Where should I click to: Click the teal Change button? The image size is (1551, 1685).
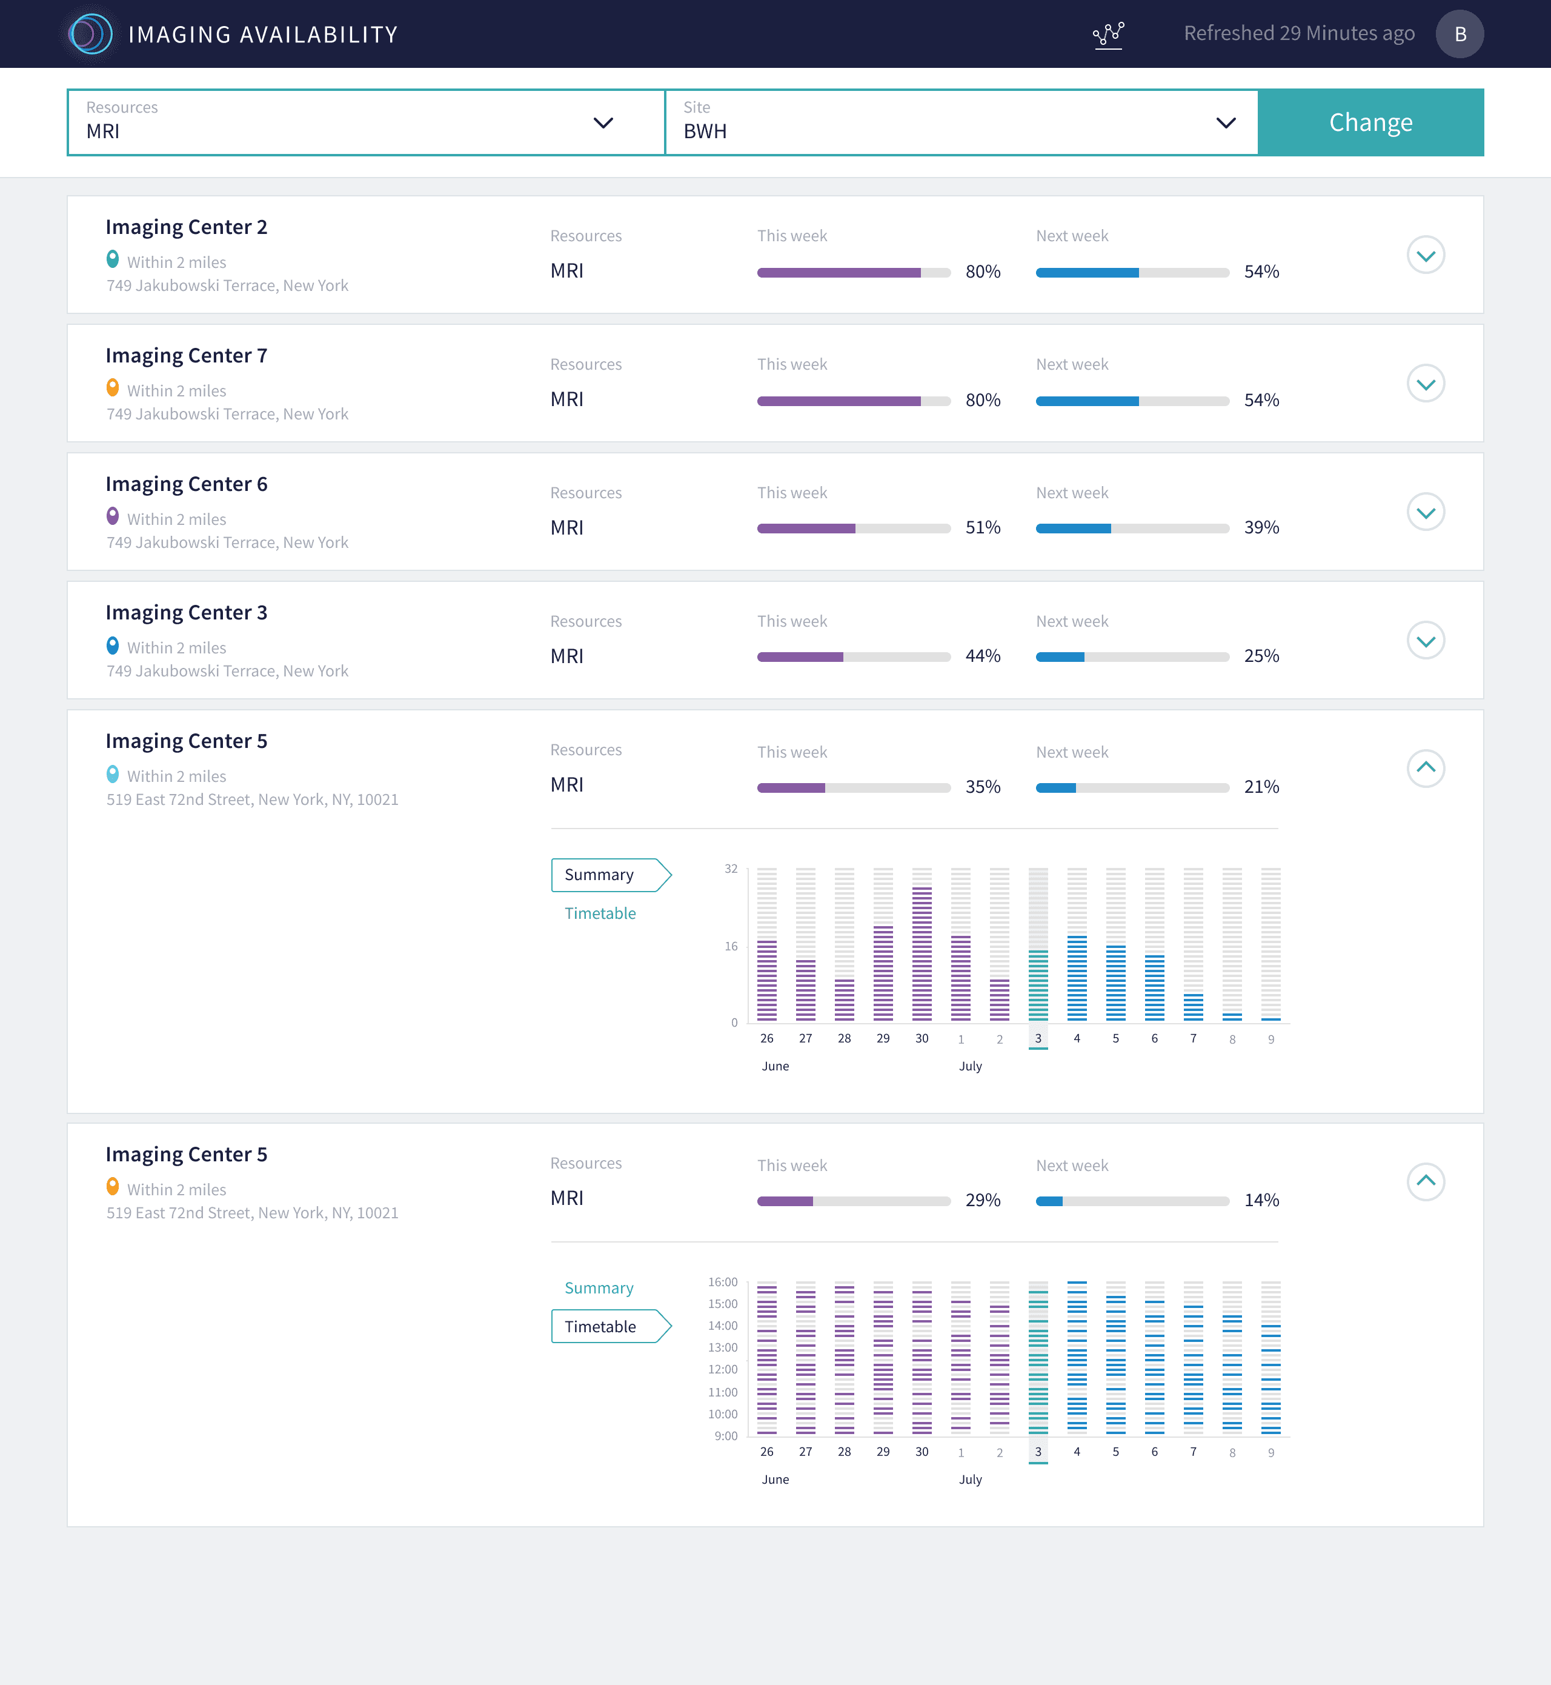(x=1370, y=122)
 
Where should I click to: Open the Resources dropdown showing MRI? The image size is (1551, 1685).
(x=366, y=122)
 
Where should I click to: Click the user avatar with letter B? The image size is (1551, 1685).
(x=1460, y=33)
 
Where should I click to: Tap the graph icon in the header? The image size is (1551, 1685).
(x=1108, y=35)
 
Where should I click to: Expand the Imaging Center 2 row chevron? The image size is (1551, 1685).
(x=1425, y=255)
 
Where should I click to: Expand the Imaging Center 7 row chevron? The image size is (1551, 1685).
(x=1425, y=384)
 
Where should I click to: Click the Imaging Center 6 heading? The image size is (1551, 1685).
(x=187, y=484)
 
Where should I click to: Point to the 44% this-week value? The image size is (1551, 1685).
(x=983, y=656)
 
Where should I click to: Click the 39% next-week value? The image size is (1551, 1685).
(x=1261, y=527)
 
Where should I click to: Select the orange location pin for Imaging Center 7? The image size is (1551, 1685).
(x=113, y=388)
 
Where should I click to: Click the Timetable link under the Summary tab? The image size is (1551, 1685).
(x=600, y=913)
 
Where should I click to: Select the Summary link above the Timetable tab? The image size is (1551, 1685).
(x=599, y=1288)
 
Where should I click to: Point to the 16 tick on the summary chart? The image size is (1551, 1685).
(x=731, y=946)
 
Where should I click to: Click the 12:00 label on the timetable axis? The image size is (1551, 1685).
(x=723, y=1369)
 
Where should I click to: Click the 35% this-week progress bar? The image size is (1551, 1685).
(x=854, y=787)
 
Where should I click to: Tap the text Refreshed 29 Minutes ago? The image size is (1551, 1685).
(x=1299, y=33)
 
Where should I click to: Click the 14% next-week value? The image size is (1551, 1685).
(x=1261, y=1200)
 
